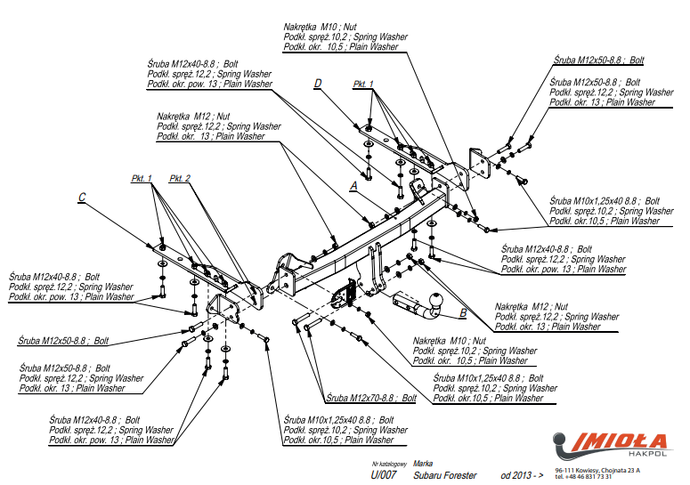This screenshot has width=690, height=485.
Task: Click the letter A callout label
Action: click(x=353, y=186)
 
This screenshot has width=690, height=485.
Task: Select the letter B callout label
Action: click(x=463, y=312)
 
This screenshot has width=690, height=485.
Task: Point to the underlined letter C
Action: click(x=81, y=198)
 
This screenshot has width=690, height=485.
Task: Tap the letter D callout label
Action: click(x=317, y=84)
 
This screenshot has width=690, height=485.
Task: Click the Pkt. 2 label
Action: click(x=180, y=178)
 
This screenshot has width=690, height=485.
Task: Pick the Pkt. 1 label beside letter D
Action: click(x=363, y=84)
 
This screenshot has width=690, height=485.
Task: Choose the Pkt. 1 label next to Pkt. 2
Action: click(x=142, y=178)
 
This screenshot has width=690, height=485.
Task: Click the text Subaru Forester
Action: click(x=445, y=476)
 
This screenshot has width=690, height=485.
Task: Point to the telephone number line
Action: click(x=583, y=477)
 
